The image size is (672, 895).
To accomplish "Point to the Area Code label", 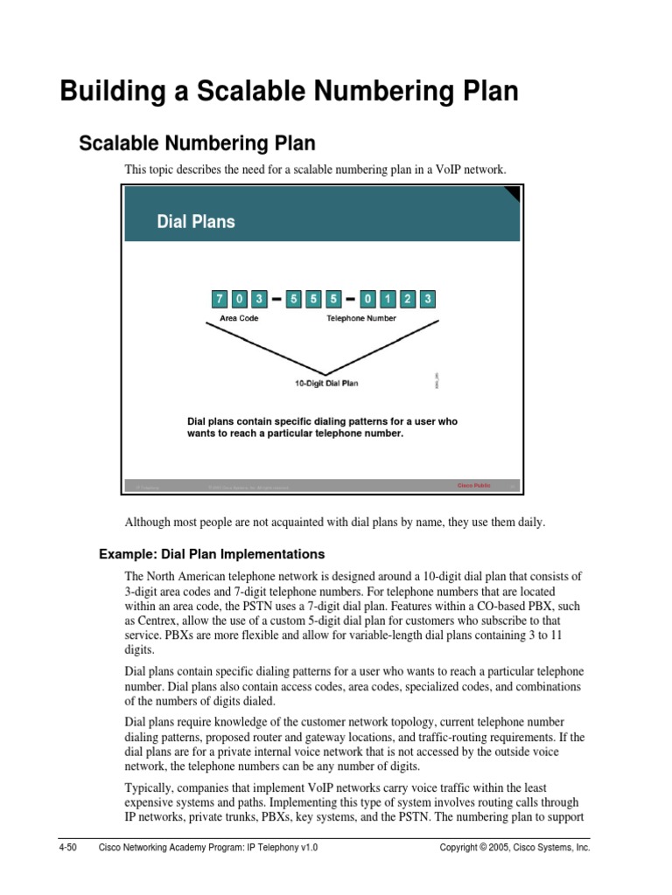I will pos(239,319).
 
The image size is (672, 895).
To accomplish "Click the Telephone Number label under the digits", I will pos(360,319).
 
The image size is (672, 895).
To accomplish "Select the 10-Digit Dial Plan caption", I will pos(326,383).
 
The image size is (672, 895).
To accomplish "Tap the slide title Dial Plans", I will pos(196,222).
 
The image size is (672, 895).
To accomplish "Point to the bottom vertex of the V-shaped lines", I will pos(326,374).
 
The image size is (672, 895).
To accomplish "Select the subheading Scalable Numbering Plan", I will pos(197,142).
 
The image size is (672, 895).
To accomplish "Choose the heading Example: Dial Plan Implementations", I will pos(212,554).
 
